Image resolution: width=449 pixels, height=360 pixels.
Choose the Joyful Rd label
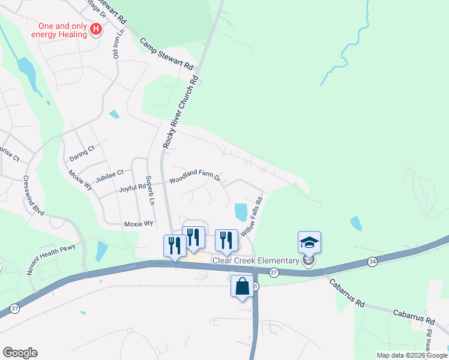[132, 187]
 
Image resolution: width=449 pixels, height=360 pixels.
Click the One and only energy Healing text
[63, 30]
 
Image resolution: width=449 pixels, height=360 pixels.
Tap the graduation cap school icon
[309, 242]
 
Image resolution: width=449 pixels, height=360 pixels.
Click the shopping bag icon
[243, 286]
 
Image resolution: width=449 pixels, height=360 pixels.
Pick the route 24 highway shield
[373, 262]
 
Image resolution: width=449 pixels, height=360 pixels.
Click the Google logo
[20, 353]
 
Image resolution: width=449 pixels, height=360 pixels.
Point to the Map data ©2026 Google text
[412, 355]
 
